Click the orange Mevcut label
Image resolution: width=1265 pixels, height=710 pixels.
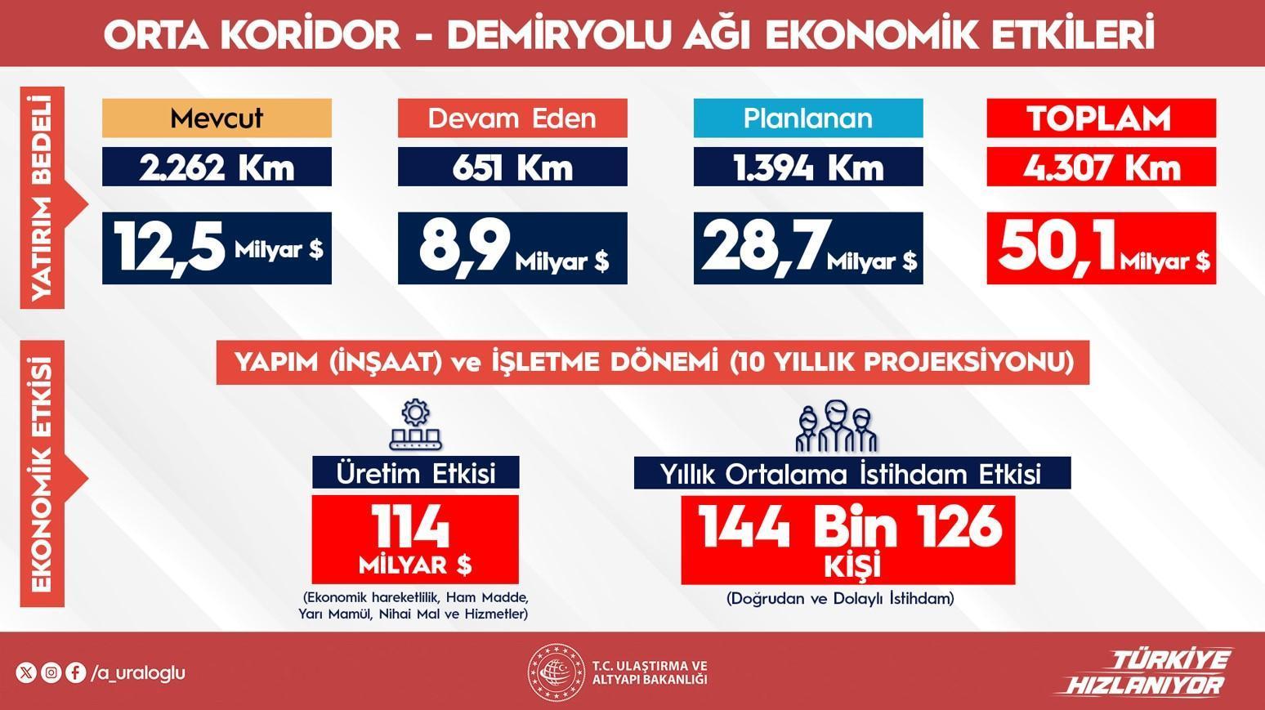(x=217, y=118)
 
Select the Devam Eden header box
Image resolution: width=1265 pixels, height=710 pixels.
(x=512, y=118)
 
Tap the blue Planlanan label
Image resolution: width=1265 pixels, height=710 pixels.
(x=808, y=118)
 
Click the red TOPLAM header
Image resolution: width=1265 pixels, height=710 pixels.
(x=1102, y=118)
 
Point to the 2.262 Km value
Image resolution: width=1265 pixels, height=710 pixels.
(x=217, y=167)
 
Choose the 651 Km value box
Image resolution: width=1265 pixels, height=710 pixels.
(x=512, y=167)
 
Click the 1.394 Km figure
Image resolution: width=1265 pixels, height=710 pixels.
(x=808, y=167)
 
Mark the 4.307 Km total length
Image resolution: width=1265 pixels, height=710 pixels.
(x=1102, y=167)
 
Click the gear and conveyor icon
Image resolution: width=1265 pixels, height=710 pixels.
(x=416, y=424)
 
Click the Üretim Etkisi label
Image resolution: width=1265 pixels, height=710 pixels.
(x=416, y=473)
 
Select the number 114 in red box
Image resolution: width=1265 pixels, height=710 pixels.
(x=411, y=526)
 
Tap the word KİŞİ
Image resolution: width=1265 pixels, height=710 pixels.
(x=852, y=565)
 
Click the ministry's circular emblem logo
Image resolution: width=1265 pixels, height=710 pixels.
(x=557, y=672)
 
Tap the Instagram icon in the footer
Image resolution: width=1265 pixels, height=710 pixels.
(x=51, y=672)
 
